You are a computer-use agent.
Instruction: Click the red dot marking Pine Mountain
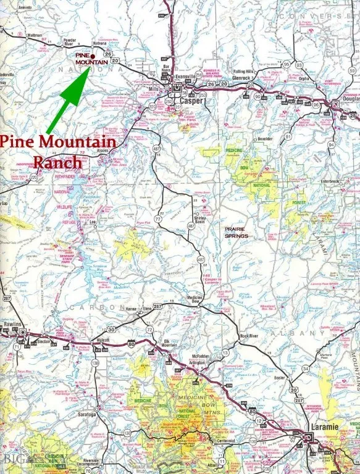pyautogui.click(x=92, y=56)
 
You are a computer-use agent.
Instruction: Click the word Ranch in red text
pyautogui.click(x=56, y=162)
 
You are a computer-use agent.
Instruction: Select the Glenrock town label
pyautogui.click(x=241, y=78)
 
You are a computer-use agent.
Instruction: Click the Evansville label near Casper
pyautogui.click(x=185, y=77)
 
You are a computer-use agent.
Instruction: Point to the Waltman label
pyautogui.click(x=35, y=36)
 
